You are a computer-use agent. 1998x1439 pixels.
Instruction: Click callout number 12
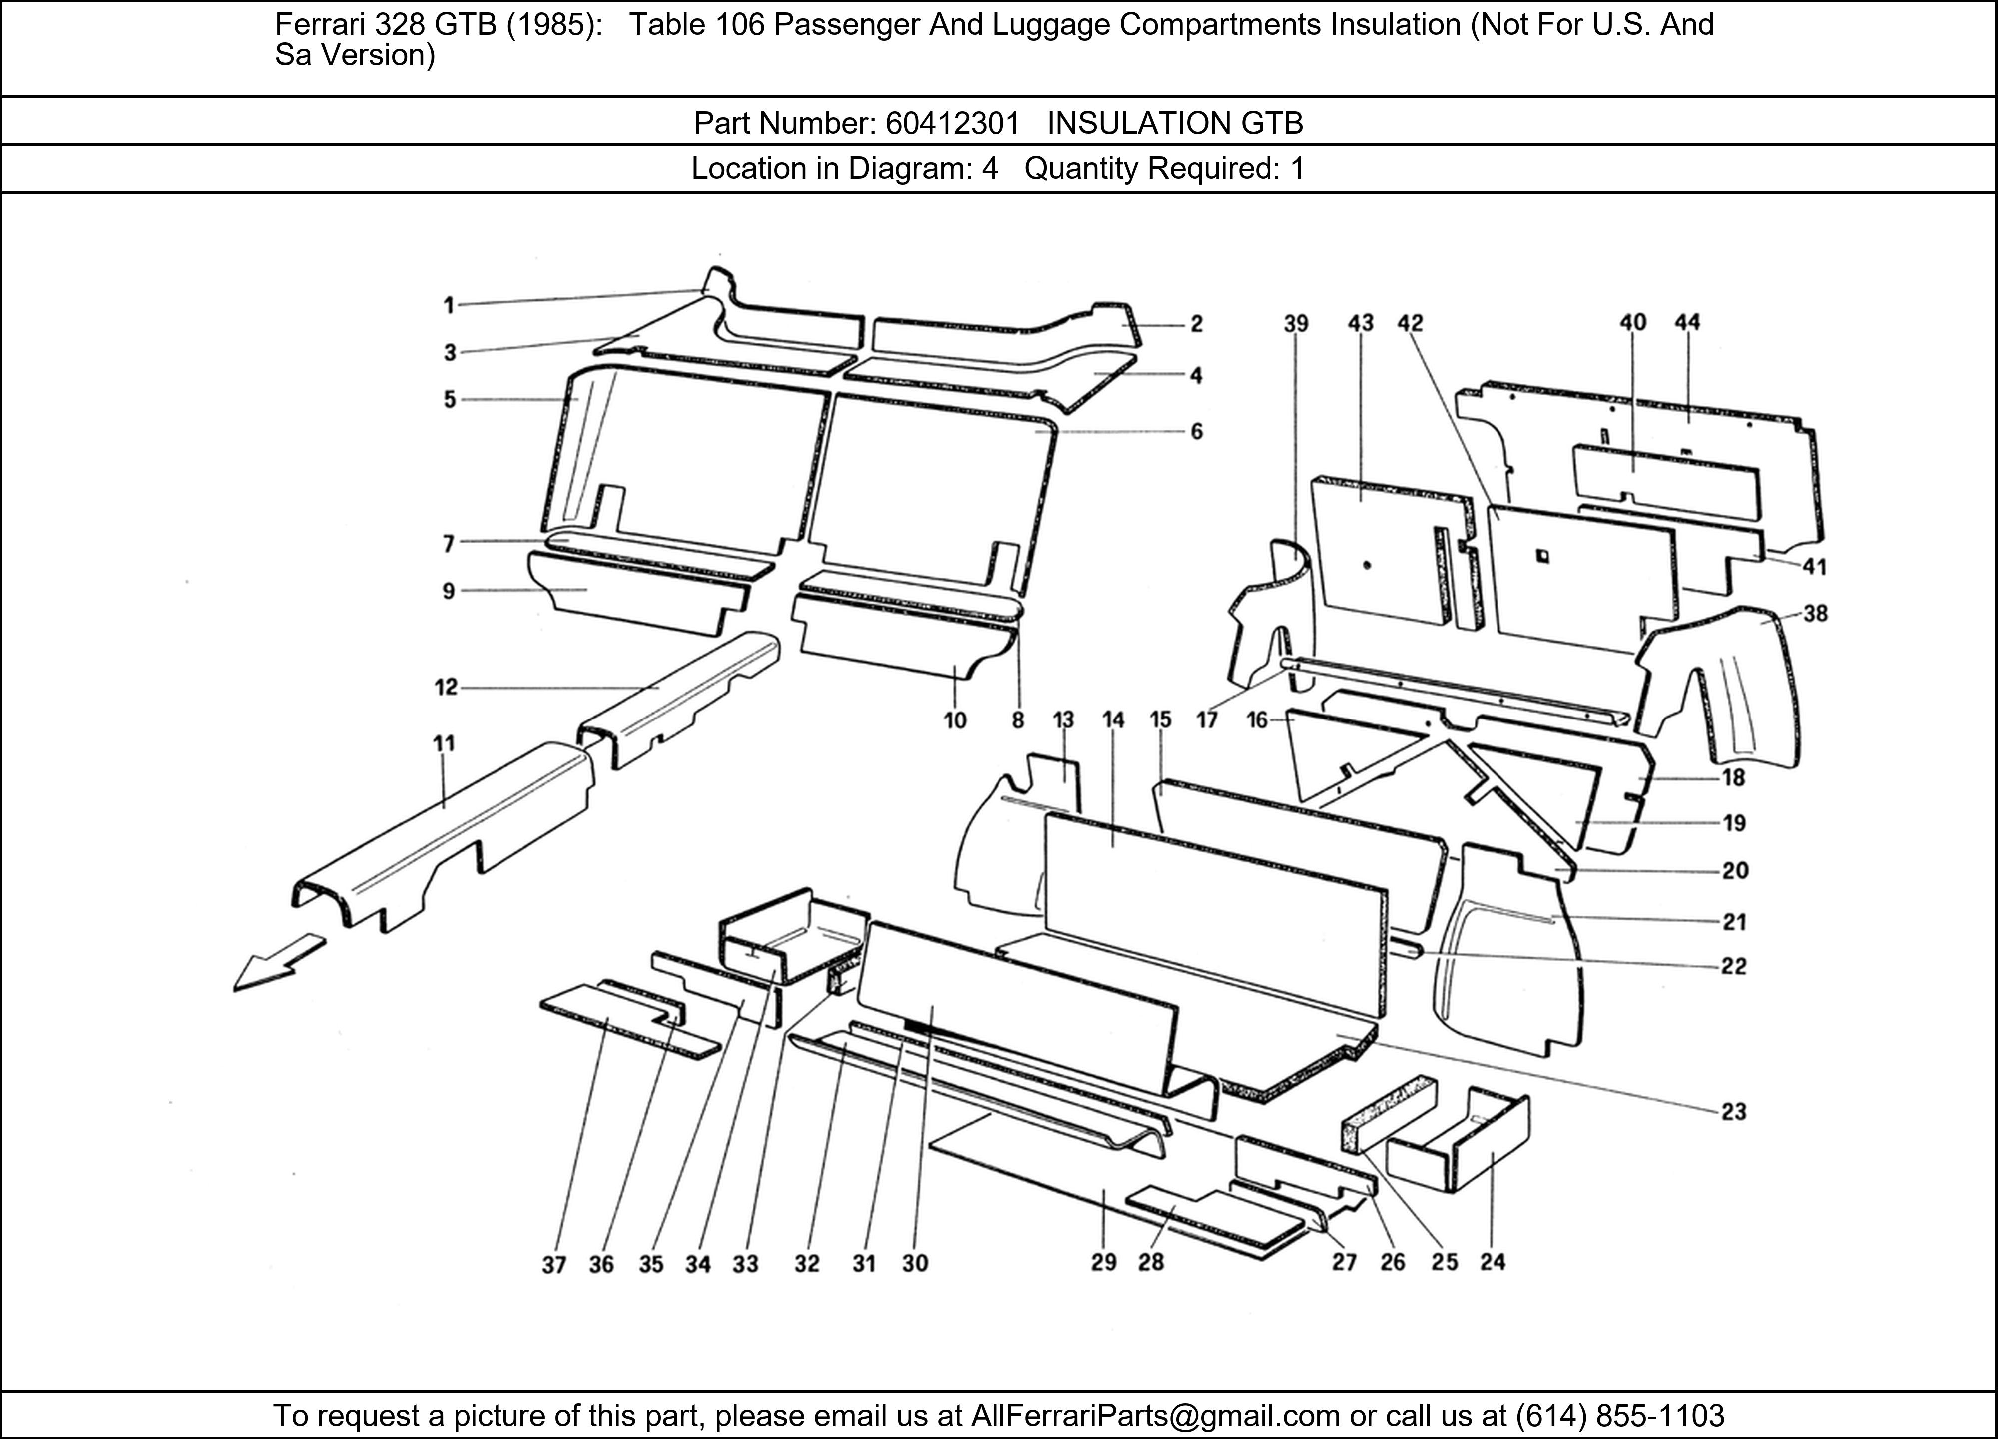447,688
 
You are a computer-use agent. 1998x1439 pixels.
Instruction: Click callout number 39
1296,323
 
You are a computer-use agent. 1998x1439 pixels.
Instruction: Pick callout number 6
1196,432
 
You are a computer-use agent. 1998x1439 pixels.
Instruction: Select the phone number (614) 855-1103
1619,1415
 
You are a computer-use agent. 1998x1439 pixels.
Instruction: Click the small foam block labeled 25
1388,1113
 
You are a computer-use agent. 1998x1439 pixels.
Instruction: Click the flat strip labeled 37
617,1022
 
